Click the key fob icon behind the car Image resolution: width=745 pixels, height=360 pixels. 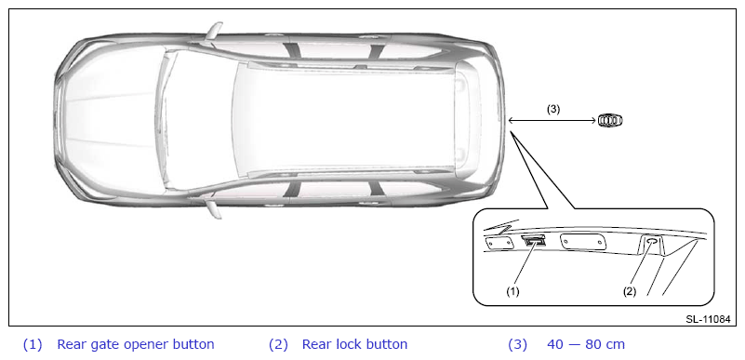(610, 121)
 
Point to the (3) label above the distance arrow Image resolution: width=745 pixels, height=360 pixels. (553, 109)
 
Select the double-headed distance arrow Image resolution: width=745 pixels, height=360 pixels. (552, 121)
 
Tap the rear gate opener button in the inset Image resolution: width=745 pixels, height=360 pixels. (534, 240)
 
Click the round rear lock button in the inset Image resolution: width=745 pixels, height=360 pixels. (653, 242)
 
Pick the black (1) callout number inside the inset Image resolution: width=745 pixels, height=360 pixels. (512, 291)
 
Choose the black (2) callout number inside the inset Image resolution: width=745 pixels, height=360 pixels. (630, 291)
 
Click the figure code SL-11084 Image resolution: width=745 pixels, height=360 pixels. (708, 319)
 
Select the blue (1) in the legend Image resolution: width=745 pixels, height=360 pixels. (33, 344)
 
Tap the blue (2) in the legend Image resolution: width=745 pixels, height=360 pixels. (278, 344)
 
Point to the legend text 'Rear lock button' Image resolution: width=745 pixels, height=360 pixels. (354, 344)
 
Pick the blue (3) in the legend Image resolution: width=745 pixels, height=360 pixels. (517, 344)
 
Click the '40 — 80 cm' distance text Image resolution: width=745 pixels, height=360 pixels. (586, 344)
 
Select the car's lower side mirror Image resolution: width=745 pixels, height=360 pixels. (214, 208)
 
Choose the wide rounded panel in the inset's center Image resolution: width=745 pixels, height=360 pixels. (584, 242)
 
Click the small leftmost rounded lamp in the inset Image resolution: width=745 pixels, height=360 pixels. (499, 242)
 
